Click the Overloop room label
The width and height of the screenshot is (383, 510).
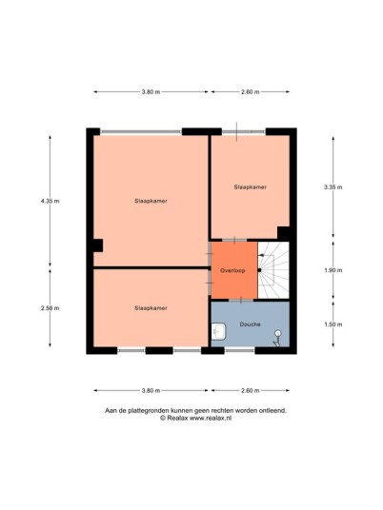[232, 270]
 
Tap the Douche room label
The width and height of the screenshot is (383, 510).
[251, 324]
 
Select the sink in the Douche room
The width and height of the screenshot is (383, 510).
[218, 331]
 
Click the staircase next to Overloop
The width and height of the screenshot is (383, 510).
[273, 270]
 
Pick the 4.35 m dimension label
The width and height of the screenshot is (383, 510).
[50, 201]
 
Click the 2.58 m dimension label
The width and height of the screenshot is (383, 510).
[50, 308]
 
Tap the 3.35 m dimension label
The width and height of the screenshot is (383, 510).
[333, 187]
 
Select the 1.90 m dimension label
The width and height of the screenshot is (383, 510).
[333, 270]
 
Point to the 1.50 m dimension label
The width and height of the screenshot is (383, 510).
[333, 324]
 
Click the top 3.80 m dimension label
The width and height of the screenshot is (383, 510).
[151, 91]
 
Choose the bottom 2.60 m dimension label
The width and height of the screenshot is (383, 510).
[251, 390]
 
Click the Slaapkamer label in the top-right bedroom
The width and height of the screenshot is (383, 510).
[251, 187]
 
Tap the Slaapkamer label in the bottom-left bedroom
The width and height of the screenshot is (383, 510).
[151, 308]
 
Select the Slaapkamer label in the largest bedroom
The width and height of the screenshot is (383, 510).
[151, 201]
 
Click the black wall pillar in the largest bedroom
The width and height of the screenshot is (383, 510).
[98, 245]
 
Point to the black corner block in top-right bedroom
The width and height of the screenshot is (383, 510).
[283, 233]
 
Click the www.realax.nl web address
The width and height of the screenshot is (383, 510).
[211, 419]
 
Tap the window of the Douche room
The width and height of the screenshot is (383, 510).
[239, 350]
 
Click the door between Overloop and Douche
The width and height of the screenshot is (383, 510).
[241, 301]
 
